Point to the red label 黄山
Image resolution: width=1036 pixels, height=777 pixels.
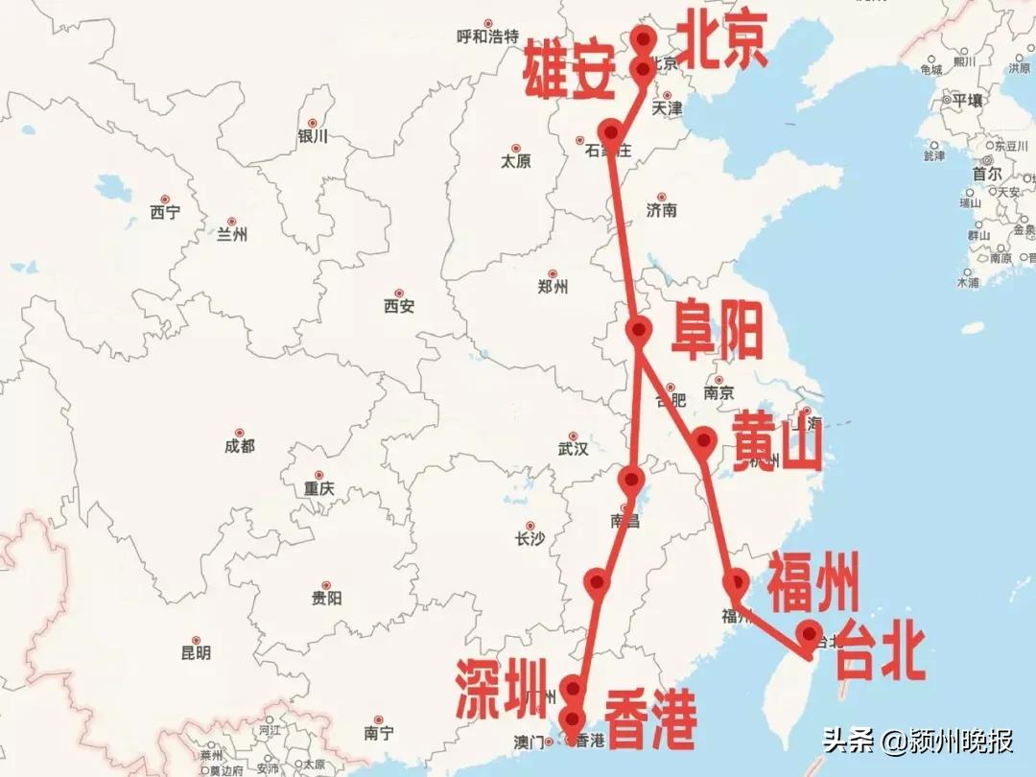pos(777,442)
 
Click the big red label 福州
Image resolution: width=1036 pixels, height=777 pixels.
pos(812,582)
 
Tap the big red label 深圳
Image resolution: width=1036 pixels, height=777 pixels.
pos(501,689)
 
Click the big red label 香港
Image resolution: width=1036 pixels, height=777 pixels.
pos(648,720)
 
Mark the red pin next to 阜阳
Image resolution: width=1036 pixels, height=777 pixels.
pos(639,329)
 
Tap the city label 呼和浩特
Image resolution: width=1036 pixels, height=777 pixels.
pos(487,37)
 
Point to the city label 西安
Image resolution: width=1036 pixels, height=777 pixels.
pos(398,306)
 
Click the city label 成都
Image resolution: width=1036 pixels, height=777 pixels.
pos(240,445)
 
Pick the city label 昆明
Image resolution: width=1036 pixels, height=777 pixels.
pos(196,652)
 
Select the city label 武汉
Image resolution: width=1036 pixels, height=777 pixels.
pos(573,448)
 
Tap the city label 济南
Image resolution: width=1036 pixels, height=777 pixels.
pos(662,210)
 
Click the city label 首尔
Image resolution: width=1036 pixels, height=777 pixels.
pos(987,175)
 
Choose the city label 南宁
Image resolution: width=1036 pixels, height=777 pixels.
pos(379,733)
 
